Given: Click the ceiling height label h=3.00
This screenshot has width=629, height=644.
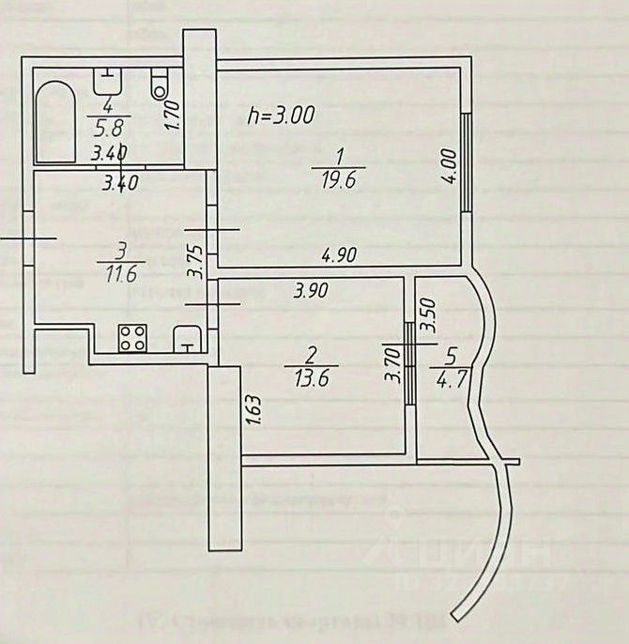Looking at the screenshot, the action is click(x=280, y=116).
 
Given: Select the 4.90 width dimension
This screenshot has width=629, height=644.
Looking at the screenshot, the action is click(x=341, y=253).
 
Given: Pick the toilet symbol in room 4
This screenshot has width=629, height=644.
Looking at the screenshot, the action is click(x=159, y=86).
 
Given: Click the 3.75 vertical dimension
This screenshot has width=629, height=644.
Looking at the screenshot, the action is click(x=194, y=261).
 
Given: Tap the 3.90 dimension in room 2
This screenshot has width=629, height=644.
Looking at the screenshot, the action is click(x=311, y=291).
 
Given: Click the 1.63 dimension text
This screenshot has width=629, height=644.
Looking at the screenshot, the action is click(x=251, y=409).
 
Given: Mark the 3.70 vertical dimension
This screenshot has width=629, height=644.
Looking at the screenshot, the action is click(x=394, y=365).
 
